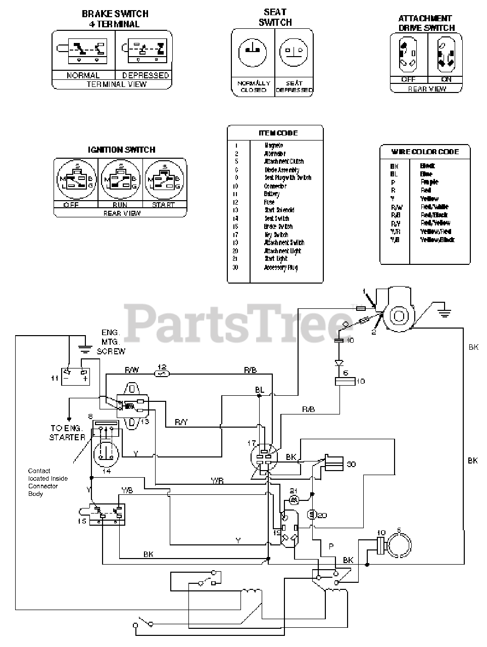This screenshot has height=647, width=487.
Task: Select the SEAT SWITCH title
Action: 275,17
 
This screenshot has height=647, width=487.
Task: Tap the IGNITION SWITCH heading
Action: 121,150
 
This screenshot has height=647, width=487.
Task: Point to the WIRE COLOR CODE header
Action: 425,151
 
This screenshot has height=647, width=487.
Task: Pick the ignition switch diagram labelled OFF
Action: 75,180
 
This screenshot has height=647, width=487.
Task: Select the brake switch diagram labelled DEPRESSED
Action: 145,50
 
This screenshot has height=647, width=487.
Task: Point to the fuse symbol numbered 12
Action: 162,374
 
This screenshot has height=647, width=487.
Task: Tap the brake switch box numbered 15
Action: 107,514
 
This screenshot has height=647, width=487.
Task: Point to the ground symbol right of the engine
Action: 444,311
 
